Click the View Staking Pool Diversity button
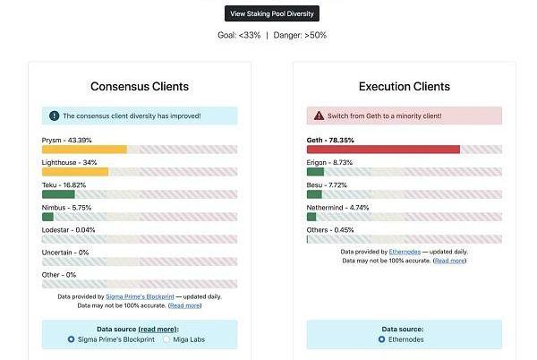[x=272, y=13]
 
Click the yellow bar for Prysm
[x=84, y=150]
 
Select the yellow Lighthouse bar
[x=75, y=172]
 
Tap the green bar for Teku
[x=58, y=194]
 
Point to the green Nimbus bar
[x=47, y=217]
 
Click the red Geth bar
[x=383, y=150]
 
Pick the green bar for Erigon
[x=315, y=172]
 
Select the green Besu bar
[x=314, y=194]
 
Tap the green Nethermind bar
[x=311, y=217]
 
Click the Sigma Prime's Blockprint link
[x=140, y=296]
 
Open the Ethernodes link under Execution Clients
[x=405, y=252]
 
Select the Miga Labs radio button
[x=166, y=339]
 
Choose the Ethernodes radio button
[x=381, y=339]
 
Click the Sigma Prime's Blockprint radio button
[x=71, y=339]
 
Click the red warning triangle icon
[x=319, y=116]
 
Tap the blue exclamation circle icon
[x=54, y=116]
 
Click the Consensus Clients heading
[x=140, y=86]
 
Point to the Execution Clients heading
[x=405, y=86]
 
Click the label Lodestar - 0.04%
[x=68, y=230]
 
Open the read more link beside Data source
[x=158, y=330]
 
